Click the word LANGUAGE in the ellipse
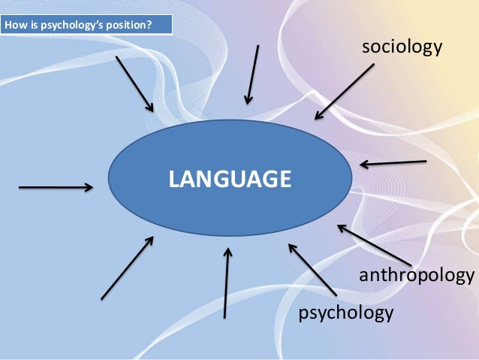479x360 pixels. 229,179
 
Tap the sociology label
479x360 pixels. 402,47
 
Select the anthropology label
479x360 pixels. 418,275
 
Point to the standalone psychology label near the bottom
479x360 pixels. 345,310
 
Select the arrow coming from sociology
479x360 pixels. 345,91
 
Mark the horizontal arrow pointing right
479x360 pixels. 56,188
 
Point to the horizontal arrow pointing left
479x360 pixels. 393,163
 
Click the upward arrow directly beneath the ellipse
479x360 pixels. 227,283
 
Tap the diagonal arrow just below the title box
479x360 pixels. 135,83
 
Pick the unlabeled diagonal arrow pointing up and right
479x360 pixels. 127,268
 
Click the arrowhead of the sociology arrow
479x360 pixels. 318,116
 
